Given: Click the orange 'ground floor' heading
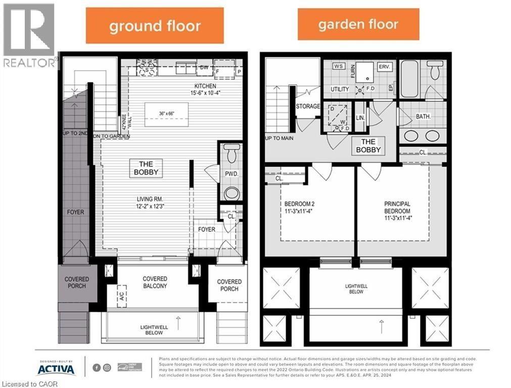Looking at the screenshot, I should coord(155,26).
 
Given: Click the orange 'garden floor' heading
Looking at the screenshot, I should coord(358,24).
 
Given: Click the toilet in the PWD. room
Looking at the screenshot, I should coord(231,152).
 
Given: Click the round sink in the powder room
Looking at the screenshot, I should coord(231,193).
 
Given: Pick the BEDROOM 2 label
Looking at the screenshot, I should coord(299,208).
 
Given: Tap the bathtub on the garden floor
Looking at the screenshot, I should coord(409,79).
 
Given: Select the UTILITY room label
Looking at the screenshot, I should coord(340,89).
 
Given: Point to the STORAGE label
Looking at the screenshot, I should coord(307,107).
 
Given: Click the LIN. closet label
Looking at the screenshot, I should coord(360,117).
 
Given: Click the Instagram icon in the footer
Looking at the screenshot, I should coord(107,368).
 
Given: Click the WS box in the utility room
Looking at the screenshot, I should coord(338,66).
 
